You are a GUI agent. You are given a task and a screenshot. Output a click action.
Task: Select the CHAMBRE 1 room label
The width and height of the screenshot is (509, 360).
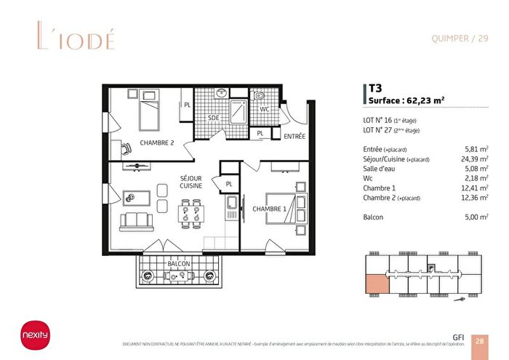[x=269, y=209]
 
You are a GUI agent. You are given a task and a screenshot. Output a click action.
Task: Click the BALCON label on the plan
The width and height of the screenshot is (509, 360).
[x=178, y=263]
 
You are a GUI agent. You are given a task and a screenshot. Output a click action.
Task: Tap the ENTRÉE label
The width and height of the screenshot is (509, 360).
[x=294, y=136]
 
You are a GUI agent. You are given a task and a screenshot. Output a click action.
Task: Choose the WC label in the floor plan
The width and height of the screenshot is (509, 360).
[x=265, y=110]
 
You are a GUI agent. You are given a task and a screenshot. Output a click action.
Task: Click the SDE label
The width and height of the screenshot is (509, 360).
[x=214, y=118]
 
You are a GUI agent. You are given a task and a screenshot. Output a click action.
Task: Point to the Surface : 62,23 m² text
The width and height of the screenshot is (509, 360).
[x=406, y=100]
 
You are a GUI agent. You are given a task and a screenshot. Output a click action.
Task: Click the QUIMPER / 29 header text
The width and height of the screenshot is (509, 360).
[x=460, y=39]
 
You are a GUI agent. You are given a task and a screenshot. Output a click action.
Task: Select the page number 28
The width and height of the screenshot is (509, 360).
[x=481, y=340]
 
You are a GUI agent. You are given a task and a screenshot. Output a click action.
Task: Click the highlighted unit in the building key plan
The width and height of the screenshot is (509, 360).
[x=375, y=284]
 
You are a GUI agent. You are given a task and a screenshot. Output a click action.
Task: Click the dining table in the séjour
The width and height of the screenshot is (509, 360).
[x=192, y=212]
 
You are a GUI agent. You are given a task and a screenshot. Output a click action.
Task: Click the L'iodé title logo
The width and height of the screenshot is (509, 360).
[x=74, y=38]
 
